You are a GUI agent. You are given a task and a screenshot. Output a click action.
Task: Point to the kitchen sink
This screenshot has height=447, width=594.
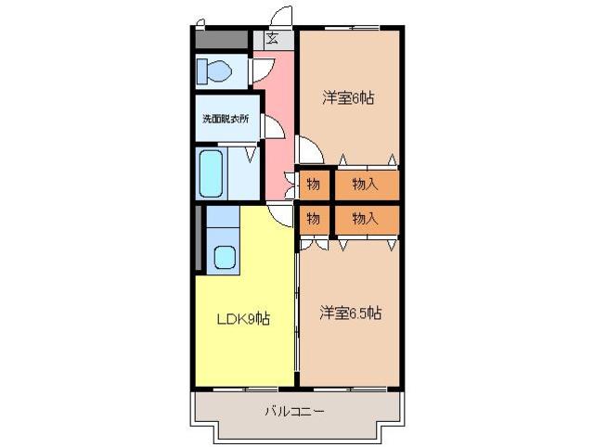tap(226, 255)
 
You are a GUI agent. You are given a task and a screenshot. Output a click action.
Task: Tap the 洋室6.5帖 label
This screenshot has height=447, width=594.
tap(351, 313)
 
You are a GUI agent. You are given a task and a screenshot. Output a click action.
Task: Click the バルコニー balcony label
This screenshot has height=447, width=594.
tap(294, 410)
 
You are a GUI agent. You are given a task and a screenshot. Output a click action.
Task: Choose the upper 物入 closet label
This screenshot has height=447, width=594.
tap(366, 184)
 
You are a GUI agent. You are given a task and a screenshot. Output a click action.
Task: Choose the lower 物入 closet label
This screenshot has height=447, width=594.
tap(366, 219)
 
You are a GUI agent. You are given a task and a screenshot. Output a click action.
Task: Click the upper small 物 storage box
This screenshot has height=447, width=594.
tap(314, 184)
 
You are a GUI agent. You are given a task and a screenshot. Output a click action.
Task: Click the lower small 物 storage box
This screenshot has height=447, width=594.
tap(314, 219)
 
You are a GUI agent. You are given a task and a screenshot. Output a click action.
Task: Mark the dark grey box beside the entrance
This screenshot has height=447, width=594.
tap(224, 40)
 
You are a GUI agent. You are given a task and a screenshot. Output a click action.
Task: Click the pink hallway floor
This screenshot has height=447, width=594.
tap(279, 111)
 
